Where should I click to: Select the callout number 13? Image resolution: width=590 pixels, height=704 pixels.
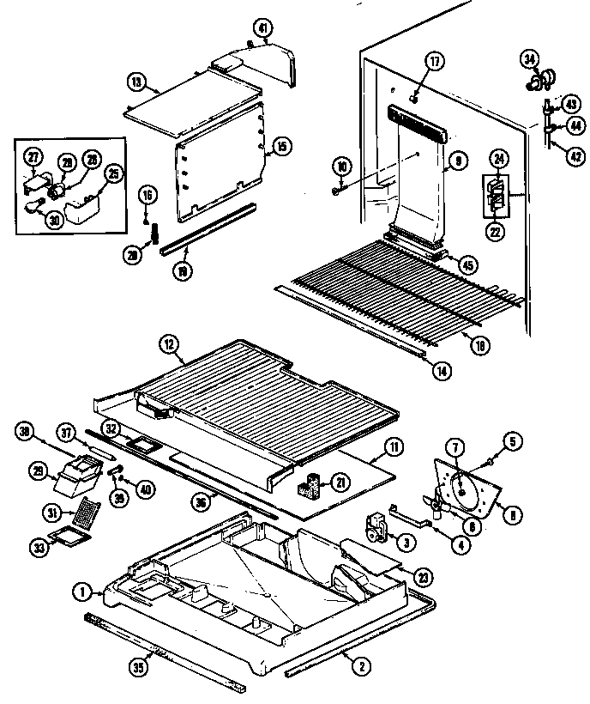pyautogui.click(x=135, y=82)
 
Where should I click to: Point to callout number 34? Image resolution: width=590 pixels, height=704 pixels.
pyautogui.click(x=530, y=58)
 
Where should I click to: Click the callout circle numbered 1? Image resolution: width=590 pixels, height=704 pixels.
pyautogui.click(x=82, y=591)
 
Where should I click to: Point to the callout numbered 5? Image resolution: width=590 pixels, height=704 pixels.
pyautogui.click(x=512, y=442)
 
